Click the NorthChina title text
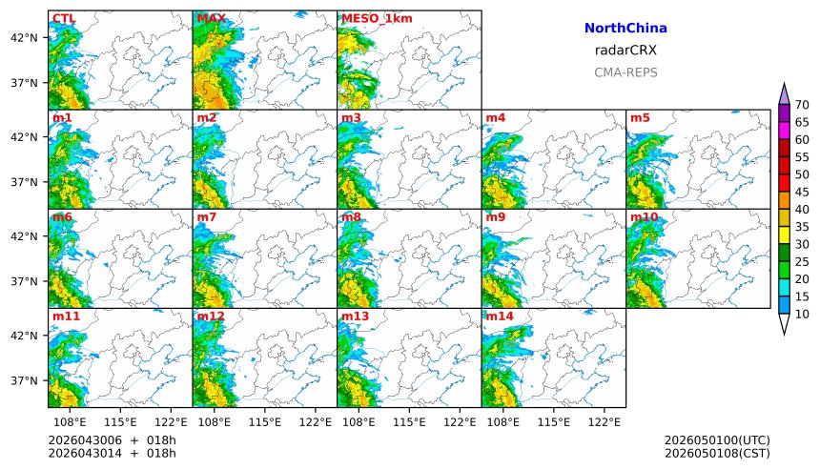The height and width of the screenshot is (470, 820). tap(625, 29)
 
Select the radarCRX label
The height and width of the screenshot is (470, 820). tap(625, 51)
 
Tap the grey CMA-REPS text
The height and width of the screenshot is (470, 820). tap(625, 72)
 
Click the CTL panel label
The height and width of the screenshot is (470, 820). tap(64, 18)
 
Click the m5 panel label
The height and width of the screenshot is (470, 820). tap(640, 118)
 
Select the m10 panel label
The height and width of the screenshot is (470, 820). tap(644, 217)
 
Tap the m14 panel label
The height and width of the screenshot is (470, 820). tap(500, 316)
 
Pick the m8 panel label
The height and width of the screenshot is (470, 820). tap(351, 217)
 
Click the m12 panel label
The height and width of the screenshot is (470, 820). tap(211, 316)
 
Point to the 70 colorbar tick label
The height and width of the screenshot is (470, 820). tap(802, 105)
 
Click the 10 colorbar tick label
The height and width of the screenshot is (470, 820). tap(802, 314)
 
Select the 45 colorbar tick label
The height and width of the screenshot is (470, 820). tap(802, 192)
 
